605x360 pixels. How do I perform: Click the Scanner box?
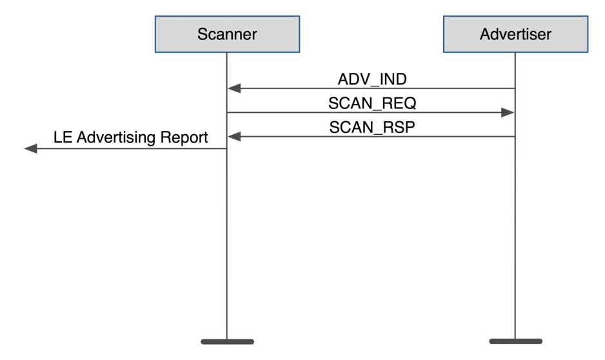coord(227,34)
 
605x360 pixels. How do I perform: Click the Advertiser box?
coord(515,34)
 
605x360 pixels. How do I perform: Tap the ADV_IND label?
coord(372,79)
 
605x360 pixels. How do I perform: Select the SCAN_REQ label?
coord(372,103)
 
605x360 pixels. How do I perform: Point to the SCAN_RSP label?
coord(372,127)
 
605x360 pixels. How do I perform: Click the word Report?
coord(184,138)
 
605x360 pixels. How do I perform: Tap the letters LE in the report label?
coord(63,137)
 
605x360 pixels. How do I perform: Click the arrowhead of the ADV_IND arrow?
coord(234,88)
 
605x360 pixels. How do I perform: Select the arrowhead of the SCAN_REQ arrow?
coord(508,113)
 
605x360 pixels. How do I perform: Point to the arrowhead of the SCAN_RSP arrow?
coord(234,137)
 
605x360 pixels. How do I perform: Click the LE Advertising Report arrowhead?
coord(30,148)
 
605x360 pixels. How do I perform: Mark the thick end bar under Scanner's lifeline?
coord(227,341)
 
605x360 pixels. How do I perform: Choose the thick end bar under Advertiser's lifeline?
coord(515,341)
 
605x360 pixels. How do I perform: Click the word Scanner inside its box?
coord(227,34)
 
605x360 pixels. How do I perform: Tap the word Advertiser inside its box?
coord(515,34)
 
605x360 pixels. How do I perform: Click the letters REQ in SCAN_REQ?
coord(399,103)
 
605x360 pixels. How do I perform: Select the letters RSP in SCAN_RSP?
coord(399,127)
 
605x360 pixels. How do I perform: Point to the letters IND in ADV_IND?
coord(393,79)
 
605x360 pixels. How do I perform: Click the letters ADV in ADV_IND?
coord(353,79)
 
